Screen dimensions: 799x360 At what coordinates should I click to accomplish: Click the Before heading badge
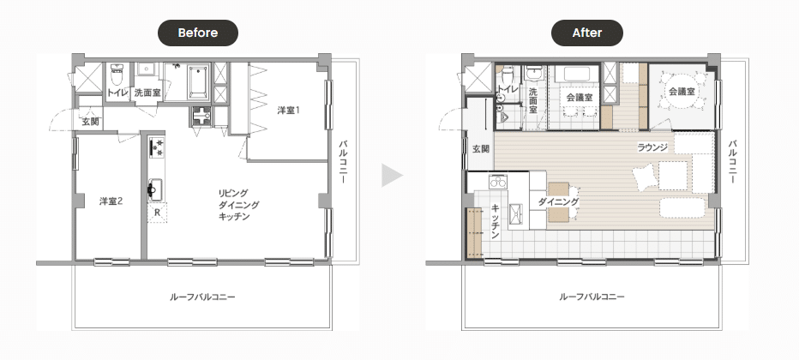[x=198, y=33]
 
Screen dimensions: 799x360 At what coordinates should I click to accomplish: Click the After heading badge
[x=587, y=33]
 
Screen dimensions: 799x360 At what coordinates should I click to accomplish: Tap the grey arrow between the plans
[x=392, y=176]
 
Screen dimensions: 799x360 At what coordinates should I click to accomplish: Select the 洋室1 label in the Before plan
[x=288, y=110]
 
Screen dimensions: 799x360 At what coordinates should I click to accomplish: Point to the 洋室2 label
[x=111, y=201]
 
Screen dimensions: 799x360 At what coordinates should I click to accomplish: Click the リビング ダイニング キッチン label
[x=238, y=205]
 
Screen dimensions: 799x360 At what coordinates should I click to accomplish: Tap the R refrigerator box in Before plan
[x=158, y=213]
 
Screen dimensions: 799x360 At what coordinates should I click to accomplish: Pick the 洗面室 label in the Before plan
[x=147, y=93]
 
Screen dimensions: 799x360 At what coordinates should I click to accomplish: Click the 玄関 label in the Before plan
[x=90, y=123]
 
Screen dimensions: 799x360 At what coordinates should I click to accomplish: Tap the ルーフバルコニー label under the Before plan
[x=202, y=297]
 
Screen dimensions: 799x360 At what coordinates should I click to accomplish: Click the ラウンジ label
[x=652, y=148]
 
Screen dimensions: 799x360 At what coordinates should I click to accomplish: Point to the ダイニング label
[x=558, y=201]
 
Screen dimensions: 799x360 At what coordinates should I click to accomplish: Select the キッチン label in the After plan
[x=495, y=222]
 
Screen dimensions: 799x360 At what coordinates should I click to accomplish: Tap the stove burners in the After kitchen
[x=498, y=181]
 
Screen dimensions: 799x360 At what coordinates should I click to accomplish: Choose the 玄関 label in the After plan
[x=481, y=149]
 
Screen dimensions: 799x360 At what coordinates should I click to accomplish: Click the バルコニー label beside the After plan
[x=733, y=162]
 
